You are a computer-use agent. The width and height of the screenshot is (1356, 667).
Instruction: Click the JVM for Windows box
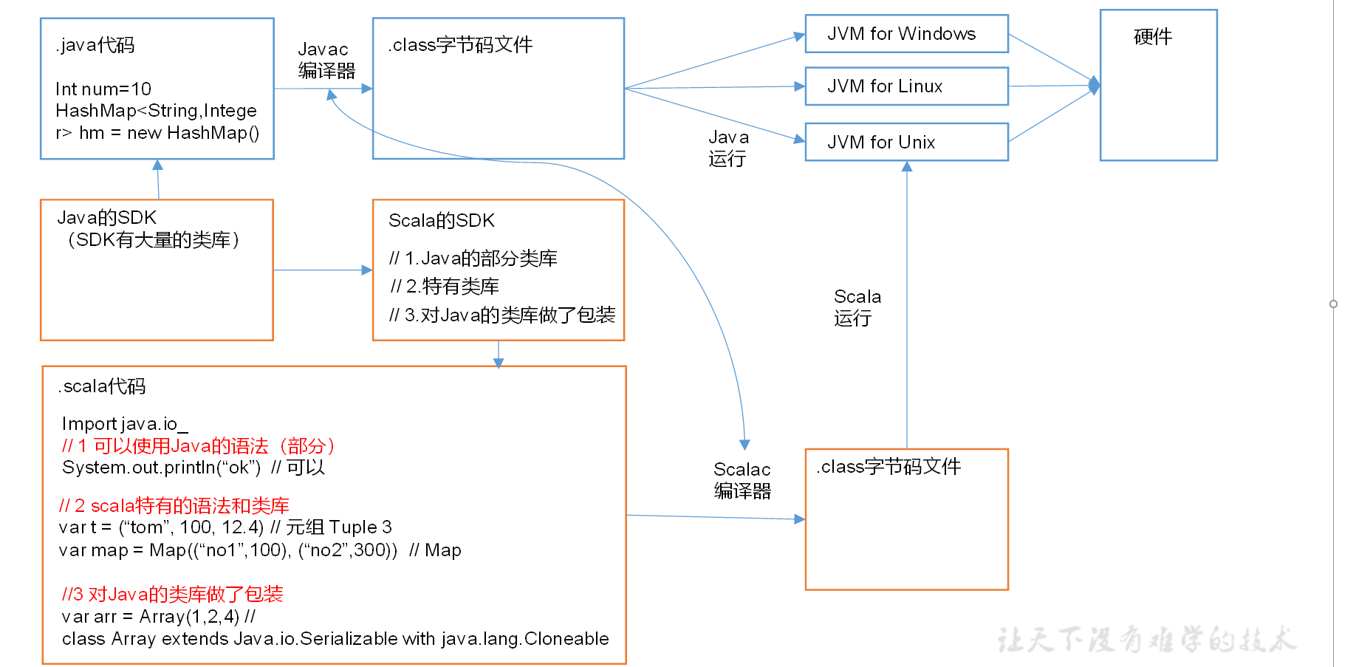(905, 34)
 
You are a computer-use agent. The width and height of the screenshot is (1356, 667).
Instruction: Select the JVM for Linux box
(905, 86)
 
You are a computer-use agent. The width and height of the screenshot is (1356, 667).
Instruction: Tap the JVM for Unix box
(905, 142)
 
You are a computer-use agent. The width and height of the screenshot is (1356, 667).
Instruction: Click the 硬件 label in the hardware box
(1152, 37)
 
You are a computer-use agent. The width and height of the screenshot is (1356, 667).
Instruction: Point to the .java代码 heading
(95, 45)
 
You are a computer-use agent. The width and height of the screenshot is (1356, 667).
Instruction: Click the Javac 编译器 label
(326, 61)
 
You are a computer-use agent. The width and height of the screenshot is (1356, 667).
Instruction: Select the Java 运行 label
(728, 148)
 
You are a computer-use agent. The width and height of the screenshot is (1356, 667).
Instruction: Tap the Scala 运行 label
(857, 307)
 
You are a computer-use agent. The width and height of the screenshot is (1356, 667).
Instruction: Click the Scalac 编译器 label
(742, 480)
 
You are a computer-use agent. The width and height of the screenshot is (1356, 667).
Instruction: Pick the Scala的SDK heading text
(441, 221)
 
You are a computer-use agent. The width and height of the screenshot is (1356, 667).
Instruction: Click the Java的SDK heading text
(107, 218)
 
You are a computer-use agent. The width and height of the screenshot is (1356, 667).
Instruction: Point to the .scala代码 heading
(102, 386)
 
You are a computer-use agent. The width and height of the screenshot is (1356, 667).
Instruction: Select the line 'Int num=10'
(103, 89)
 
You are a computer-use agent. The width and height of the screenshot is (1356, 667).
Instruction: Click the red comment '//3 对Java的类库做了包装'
(172, 595)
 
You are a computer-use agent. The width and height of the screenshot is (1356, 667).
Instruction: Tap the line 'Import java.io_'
(125, 424)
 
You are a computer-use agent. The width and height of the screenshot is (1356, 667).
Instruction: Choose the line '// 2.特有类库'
(445, 287)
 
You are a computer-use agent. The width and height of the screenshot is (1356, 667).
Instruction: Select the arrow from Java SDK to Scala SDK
(323, 270)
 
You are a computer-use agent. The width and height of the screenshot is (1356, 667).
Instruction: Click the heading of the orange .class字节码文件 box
(888, 467)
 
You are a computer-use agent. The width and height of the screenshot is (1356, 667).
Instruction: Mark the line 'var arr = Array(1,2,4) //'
(159, 617)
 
